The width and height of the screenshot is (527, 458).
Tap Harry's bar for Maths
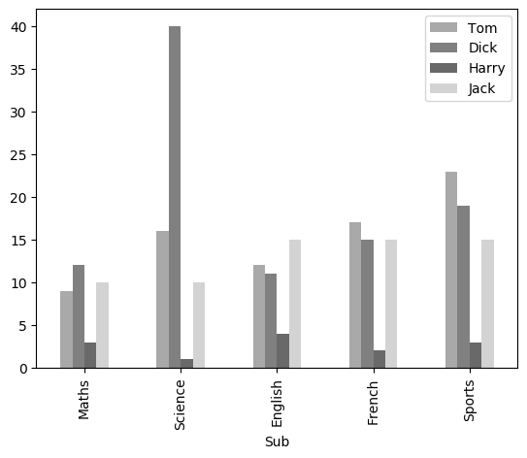click(x=90, y=355)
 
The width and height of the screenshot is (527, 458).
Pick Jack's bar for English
click(x=295, y=304)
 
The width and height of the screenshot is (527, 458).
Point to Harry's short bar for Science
click(x=186, y=364)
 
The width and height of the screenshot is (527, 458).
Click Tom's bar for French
click(x=355, y=295)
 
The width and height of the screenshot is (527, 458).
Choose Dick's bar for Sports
click(x=464, y=287)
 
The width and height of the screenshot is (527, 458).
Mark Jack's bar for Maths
click(x=102, y=325)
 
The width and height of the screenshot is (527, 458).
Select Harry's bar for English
click(x=282, y=351)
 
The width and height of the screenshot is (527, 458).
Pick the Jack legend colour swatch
click(x=442, y=89)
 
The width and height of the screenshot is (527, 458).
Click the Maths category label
click(x=84, y=401)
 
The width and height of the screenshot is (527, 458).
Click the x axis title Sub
click(x=278, y=442)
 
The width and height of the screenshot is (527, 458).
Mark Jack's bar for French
click(x=391, y=304)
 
